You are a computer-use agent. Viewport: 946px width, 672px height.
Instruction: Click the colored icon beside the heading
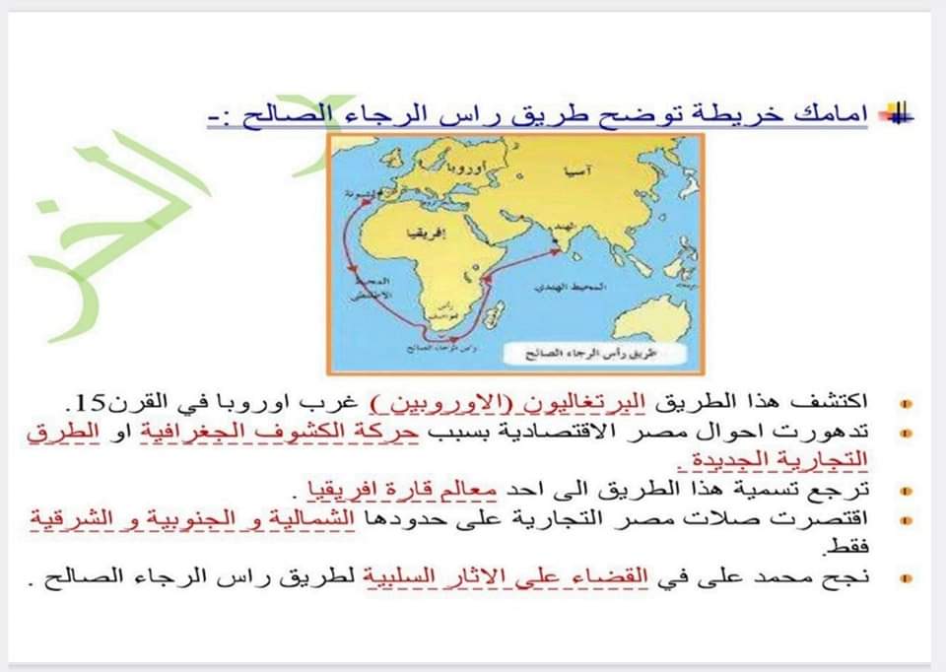coord(898,115)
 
